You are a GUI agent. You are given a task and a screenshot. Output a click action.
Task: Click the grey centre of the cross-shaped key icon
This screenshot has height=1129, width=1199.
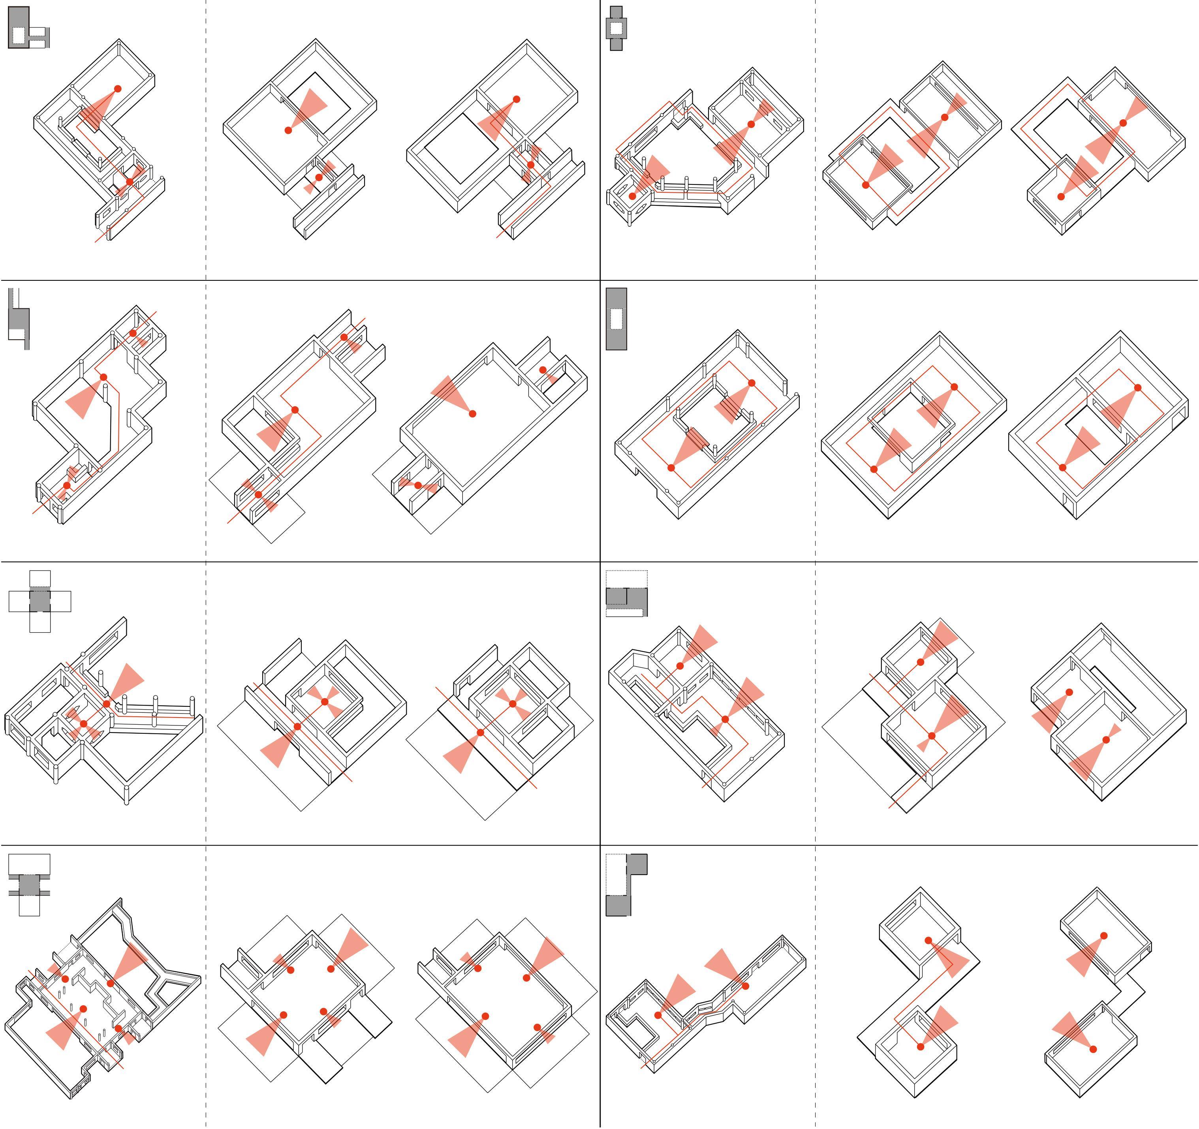[40, 601]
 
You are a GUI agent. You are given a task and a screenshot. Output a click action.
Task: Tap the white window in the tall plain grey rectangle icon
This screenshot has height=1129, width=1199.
[616, 318]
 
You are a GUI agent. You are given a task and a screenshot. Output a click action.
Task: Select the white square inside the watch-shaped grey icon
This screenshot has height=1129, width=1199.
[616, 28]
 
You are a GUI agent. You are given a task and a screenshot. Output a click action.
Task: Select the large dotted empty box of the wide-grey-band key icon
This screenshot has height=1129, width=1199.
[627, 579]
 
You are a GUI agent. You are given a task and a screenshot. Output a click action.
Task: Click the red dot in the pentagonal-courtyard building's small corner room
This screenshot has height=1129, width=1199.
[632, 196]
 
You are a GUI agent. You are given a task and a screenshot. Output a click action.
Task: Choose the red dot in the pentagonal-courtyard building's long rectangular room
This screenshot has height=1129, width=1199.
[751, 124]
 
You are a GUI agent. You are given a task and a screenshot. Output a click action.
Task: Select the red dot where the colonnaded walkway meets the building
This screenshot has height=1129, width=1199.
[107, 704]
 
